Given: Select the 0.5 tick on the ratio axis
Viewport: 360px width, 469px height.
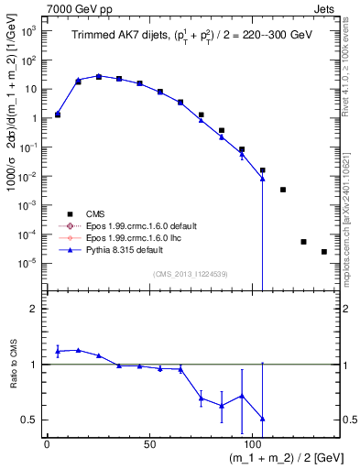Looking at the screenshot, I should click(29, 420).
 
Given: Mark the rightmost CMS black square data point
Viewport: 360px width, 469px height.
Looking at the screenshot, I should click(324, 252).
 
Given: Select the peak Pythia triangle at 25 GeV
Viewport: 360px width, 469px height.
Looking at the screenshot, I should click(99, 76).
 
